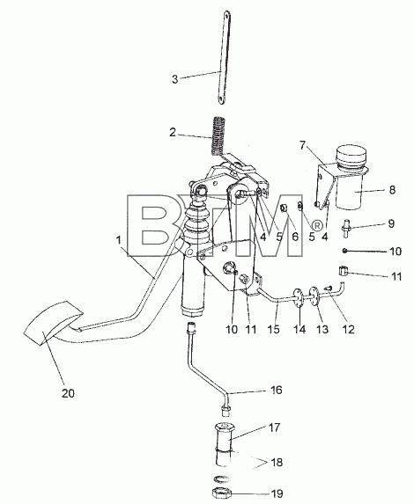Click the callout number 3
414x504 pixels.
(174, 79)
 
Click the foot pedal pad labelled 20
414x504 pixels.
(54, 323)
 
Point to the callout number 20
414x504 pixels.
(68, 393)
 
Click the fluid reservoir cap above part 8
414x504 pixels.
(351, 157)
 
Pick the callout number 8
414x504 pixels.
(392, 190)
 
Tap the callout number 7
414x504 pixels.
(302, 146)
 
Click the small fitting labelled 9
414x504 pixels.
(346, 229)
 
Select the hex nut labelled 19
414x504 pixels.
(222, 492)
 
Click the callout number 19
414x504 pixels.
(277, 493)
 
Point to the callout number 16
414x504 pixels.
(277, 390)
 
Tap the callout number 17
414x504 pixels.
(274, 427)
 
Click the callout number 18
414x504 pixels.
(277, 462)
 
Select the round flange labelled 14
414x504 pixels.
(298, 298)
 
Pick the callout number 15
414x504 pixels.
(274, 329)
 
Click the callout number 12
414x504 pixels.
(348, 329)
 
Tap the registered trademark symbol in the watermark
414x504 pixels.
(317, 226)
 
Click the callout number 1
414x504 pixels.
(119, 240)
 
